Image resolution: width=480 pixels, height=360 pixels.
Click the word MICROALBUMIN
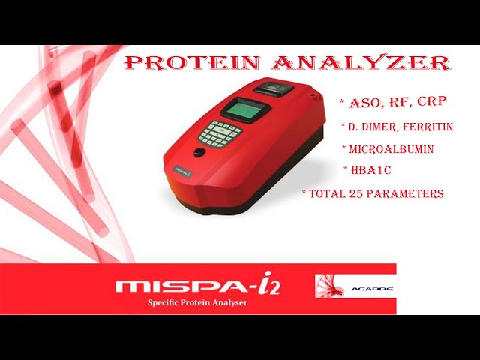click(x=391, y=149)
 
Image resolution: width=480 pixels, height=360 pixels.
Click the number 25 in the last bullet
click(x=357, y=193)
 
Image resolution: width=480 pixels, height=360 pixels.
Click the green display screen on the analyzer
click(x=247, y=109)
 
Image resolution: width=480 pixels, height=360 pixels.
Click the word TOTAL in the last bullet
click(x=327, y=193)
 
